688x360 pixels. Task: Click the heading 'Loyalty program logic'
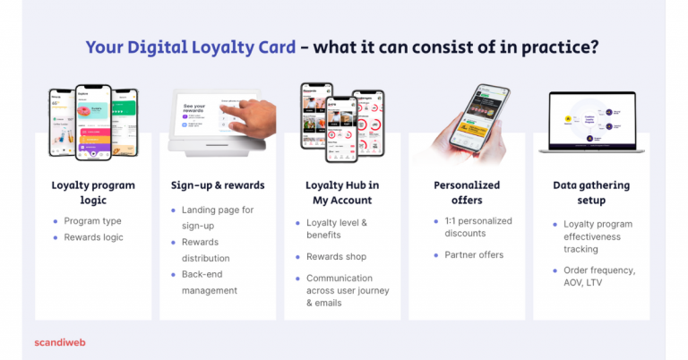click(x=93, y=193)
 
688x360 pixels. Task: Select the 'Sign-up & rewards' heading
click(x=218, y=185)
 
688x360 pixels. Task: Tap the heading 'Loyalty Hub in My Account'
click(x=342, y=193)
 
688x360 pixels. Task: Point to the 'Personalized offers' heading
click(x=467, y=193)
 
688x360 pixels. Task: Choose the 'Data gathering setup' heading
click(x=591, y=193)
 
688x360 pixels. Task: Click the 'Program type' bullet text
click(x=92, y=221)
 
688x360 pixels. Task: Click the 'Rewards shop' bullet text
click(x=337, y=256)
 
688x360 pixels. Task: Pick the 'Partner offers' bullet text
click(x=475, y=254)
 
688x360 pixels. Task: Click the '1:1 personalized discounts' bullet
click(x=477, y=227)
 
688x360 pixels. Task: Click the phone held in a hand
click(x=477, y=121)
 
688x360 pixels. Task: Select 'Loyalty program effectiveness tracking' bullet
click(x=598, y=236)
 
